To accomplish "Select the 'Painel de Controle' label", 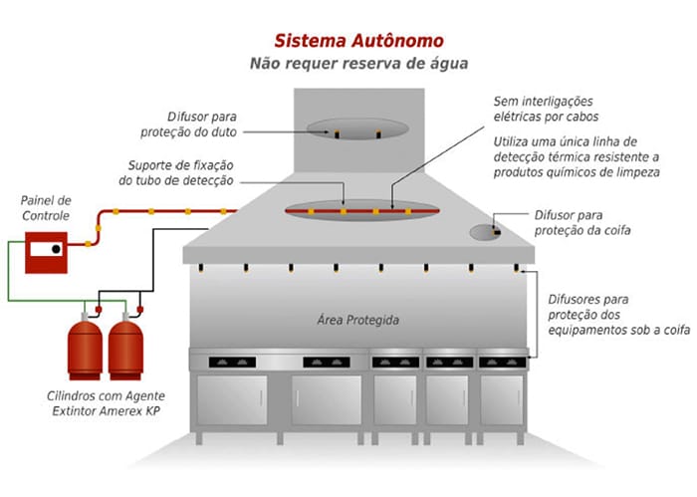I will coord(46,207).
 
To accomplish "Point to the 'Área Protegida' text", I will coord(358,321).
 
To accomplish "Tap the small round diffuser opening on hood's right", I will coord(484,232).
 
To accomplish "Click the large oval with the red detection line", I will coord(359,209).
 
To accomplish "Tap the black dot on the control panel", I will coord(58,248).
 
